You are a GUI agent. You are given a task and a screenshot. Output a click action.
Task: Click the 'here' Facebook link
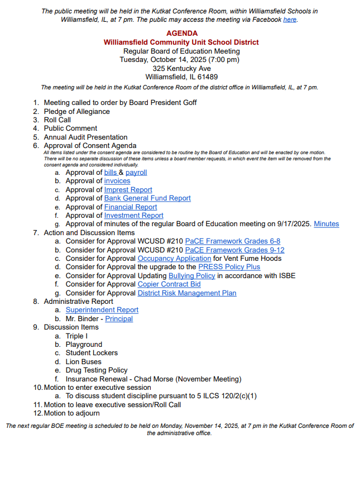290,20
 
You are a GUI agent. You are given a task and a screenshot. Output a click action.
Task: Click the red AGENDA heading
181,34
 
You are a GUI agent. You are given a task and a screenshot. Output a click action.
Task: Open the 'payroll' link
136,173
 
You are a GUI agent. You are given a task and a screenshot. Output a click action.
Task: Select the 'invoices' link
117,181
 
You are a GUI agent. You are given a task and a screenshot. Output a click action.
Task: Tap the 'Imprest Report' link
128,190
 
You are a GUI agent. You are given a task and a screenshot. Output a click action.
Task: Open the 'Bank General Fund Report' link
147,198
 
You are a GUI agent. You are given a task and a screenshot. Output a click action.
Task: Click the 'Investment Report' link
134,216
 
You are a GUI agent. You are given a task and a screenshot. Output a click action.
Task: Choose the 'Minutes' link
326,224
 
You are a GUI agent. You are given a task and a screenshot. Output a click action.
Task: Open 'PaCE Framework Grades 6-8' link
233,241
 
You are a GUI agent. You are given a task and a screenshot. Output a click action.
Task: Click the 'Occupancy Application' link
174,259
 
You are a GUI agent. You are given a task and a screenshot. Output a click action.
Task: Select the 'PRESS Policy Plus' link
229,267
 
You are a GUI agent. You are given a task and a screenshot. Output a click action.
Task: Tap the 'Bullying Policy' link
191,276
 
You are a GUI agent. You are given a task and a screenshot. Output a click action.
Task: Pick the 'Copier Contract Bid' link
169,284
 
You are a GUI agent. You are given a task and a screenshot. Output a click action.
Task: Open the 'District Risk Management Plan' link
187,293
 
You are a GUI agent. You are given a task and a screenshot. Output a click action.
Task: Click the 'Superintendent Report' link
102,310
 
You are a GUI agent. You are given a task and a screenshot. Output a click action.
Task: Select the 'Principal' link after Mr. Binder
119,319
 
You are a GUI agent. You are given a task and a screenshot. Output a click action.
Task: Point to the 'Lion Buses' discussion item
84,361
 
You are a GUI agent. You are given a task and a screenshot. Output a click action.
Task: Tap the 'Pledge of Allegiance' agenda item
77,111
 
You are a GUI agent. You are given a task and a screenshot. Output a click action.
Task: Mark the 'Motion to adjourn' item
72,413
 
